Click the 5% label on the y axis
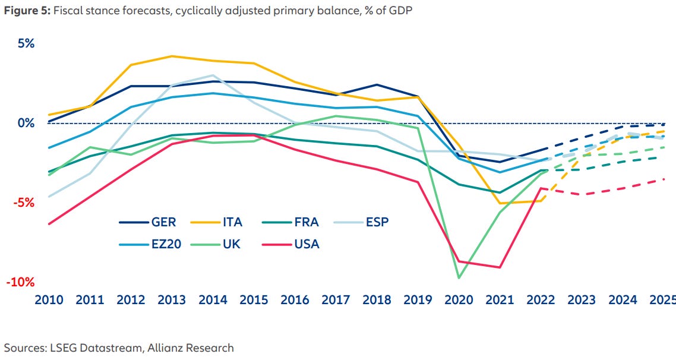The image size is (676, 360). click(22, 44)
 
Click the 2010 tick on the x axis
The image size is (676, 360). click(48, 300)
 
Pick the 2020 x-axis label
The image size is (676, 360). click(459, 300)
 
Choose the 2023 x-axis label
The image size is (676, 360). click(582, 300)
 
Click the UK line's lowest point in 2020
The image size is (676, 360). click(459, 277)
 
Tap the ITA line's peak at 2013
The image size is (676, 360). click(172, 56)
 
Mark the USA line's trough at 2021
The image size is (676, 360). click(500, 267)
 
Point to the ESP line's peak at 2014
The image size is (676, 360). click(213, 75)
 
